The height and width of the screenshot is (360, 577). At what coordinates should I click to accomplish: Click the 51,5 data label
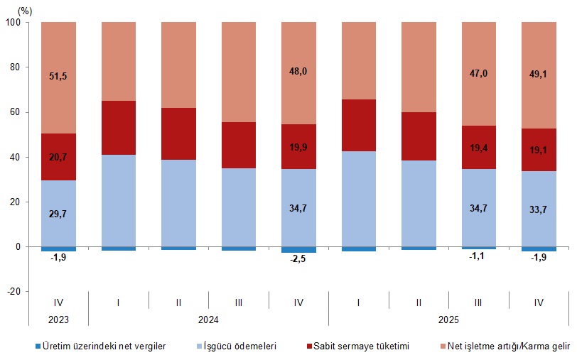click(x=58, y=76)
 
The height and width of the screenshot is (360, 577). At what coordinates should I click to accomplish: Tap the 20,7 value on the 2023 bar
click(x=58, y=157)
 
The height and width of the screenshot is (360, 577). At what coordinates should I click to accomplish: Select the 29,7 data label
click(x=58, y=214)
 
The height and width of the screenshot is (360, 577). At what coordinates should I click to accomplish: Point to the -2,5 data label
click(x=298, y=258)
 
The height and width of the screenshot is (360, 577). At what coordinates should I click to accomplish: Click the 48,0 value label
click(x=298, y=71)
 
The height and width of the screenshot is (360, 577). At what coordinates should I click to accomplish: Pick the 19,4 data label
click(x=478, y=148)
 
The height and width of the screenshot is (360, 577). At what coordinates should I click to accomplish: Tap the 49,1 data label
click(x=538, y=74)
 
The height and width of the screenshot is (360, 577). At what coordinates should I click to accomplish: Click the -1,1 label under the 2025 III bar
click(x=477, y=256)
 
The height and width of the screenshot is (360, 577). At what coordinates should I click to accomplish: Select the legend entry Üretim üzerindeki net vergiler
click(x=100, y=346)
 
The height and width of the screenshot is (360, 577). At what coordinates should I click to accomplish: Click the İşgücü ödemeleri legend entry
click(x=236, y=346)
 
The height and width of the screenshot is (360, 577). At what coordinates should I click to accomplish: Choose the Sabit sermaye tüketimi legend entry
click(x=358, y=346)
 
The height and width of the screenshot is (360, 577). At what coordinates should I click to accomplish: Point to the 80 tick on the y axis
click(x=15, y=67)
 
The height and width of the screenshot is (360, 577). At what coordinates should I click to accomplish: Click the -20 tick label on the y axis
click(x=14, y=291)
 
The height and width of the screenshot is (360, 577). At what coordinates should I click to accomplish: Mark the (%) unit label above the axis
click(x=25, y=11)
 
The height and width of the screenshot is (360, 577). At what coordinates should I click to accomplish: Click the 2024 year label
click(x=208, y=320)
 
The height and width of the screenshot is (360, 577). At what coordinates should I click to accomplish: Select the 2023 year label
click(x=58, y=320)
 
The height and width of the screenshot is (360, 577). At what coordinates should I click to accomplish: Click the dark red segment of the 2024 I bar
click(x=119, y=128)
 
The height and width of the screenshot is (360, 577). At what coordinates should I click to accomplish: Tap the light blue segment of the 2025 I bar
click(x=359, y=199)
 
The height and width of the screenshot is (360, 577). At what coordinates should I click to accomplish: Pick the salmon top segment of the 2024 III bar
click(x=239, y=72)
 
